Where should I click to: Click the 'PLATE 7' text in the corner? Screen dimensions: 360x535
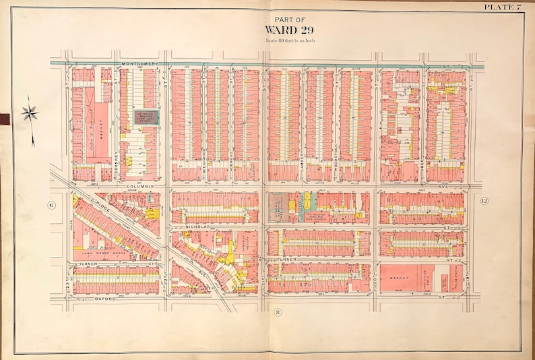(x=503, y=6)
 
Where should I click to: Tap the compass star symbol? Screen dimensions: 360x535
(x=30, y=113)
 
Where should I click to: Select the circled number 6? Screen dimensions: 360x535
(x=50, y=204)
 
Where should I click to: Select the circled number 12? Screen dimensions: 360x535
(x=484, y=201)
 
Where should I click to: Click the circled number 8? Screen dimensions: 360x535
(x=278, y=311)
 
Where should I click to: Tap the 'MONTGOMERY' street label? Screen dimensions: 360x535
(x=140, y=64)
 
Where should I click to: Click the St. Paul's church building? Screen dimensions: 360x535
(x=146, y=118)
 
